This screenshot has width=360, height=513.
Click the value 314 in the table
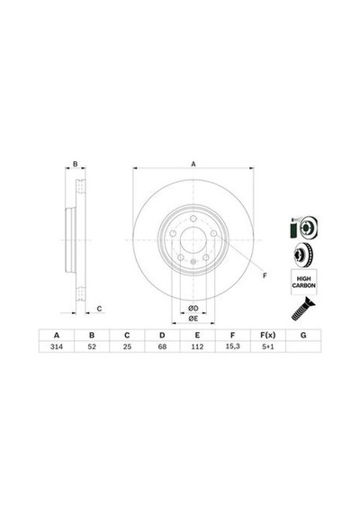coord(57,346)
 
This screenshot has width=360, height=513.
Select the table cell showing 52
coord(92,346)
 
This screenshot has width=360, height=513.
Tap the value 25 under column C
coord(127,346)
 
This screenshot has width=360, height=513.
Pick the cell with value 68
coord(162,346)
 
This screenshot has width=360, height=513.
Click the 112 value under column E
coord(197,346)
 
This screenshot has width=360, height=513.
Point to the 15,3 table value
coord(233,346)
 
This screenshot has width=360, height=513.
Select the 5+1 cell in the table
coord(268,346)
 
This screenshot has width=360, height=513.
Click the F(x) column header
coord(268,335)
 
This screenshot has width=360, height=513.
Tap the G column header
coord(303,335)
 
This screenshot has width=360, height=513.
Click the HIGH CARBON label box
coord(303,282)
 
